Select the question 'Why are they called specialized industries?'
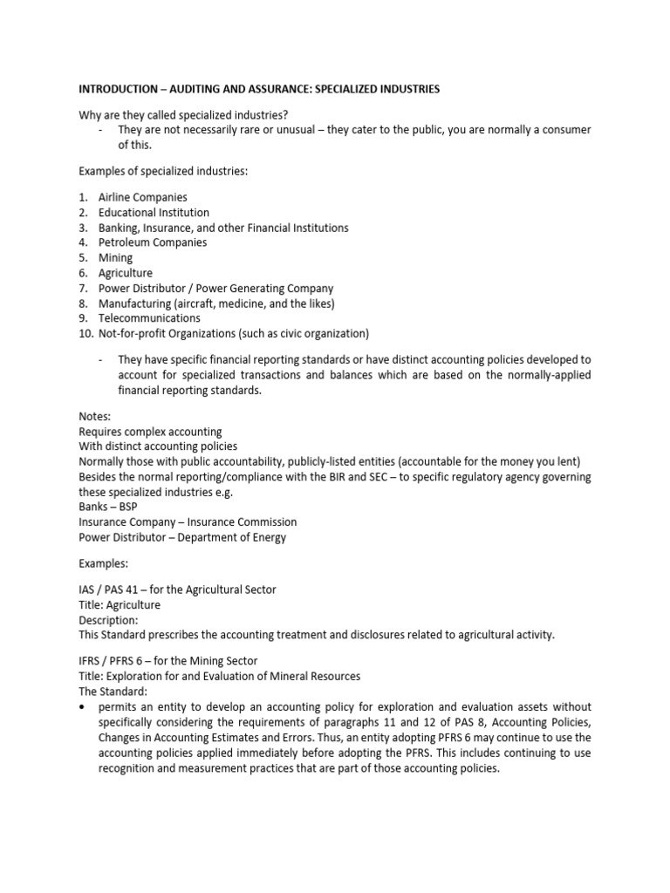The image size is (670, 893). [x=184, y=114]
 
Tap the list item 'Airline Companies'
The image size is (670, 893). [x=142, y=197]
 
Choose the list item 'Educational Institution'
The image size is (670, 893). [x=154, y=212]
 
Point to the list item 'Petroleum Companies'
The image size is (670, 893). [x=153, y=242]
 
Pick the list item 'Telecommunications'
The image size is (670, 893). [x=149, y=318]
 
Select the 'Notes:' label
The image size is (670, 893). [x=95, y=417]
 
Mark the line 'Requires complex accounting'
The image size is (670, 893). [x=150, y=432]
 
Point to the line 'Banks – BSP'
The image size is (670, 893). [x=108, y=507]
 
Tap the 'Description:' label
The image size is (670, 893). [x=109, y=620]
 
